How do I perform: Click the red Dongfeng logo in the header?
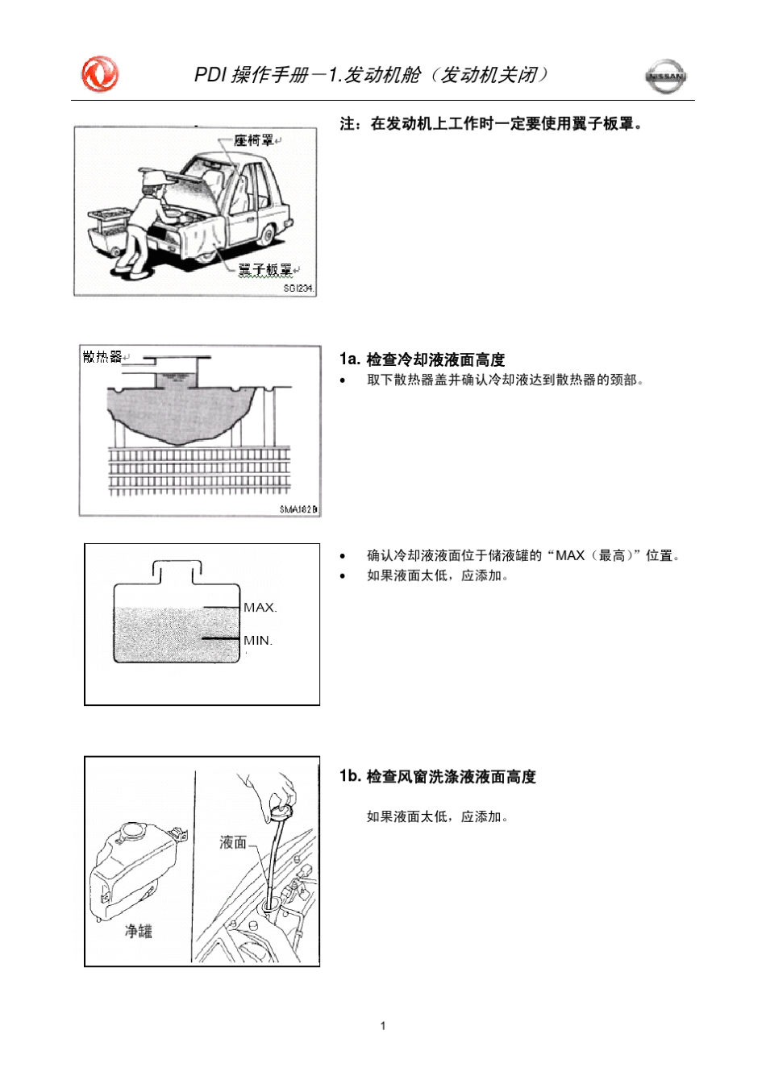100,75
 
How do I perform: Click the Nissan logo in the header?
665,77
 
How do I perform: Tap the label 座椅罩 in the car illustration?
253,141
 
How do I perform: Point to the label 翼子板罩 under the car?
264,269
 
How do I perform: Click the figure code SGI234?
298,289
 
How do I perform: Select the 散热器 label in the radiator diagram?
102,357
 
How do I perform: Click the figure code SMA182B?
298,509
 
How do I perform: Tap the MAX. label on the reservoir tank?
260,608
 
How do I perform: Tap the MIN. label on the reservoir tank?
258,641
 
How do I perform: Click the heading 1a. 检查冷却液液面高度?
422,359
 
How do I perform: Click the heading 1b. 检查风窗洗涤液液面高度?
437,776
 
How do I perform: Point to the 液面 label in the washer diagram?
233,842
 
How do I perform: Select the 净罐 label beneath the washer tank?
138,931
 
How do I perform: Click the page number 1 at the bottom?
383,1026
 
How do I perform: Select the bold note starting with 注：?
492,123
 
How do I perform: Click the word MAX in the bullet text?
569,555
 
